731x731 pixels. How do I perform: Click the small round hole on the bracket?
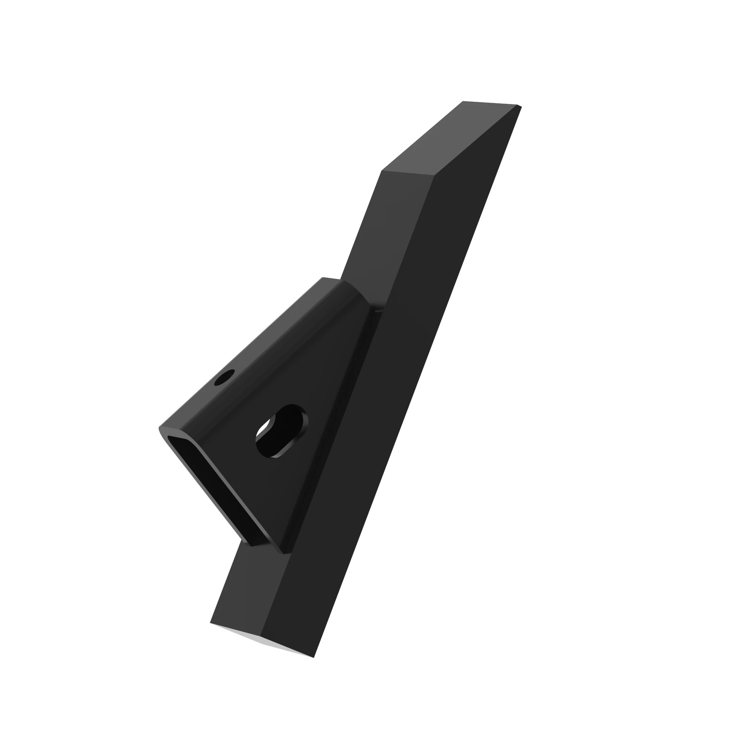tap(225, 377)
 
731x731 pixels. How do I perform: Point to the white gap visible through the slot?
tap(263, 428)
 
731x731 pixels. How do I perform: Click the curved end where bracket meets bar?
tap(359, 293)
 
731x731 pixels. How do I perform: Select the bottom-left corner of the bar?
tap(211, 623)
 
